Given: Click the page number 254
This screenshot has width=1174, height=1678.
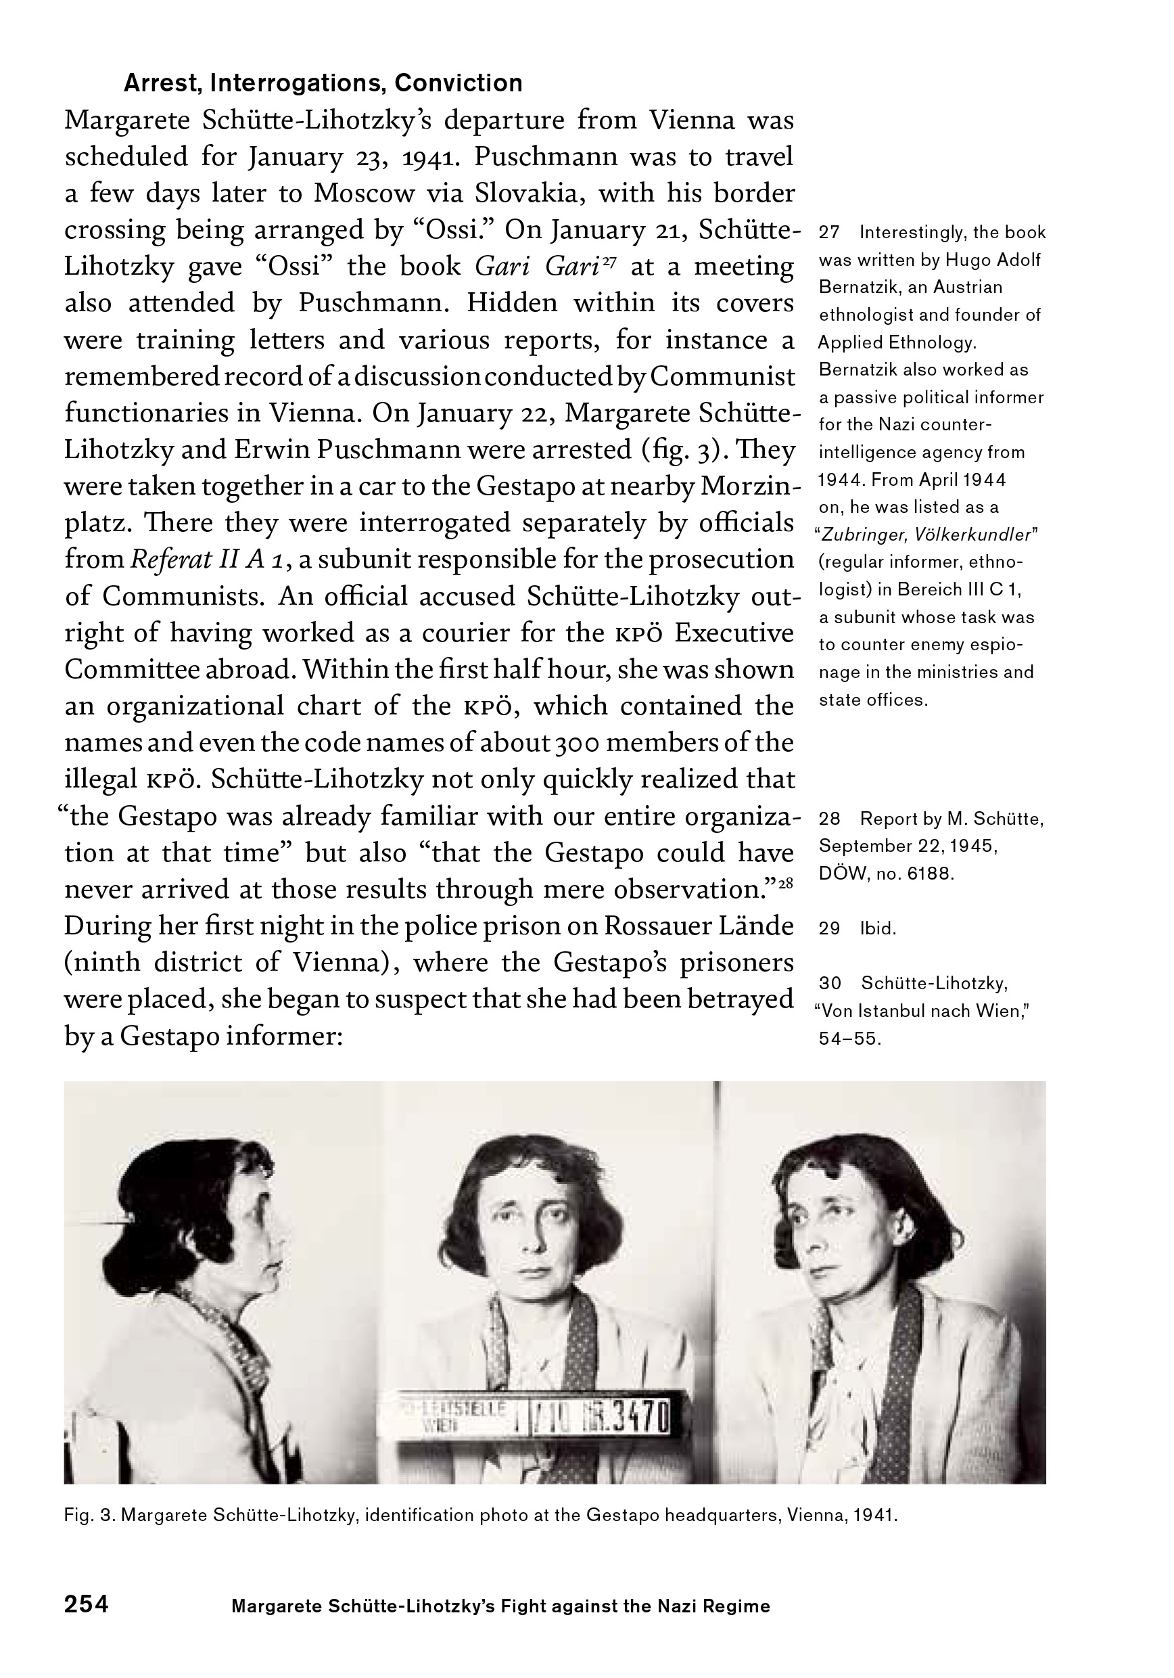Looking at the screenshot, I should (86, 1604).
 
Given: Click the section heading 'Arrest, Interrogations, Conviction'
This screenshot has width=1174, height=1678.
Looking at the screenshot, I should (323, 83).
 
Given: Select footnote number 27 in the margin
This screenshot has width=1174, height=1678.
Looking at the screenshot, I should (829, 232).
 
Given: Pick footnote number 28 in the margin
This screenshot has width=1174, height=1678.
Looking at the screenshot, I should (829, 819).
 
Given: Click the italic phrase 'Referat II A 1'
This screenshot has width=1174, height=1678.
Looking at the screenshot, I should (209, 560).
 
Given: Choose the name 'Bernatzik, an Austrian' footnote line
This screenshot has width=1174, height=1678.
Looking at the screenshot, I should (910, 287).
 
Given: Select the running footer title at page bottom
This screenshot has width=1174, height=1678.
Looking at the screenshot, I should (500, 1606).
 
